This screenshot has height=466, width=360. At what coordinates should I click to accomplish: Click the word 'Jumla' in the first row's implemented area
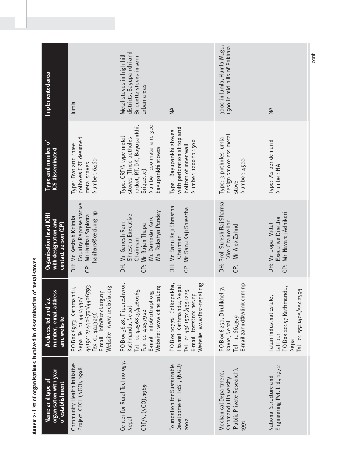pos(73,105)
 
